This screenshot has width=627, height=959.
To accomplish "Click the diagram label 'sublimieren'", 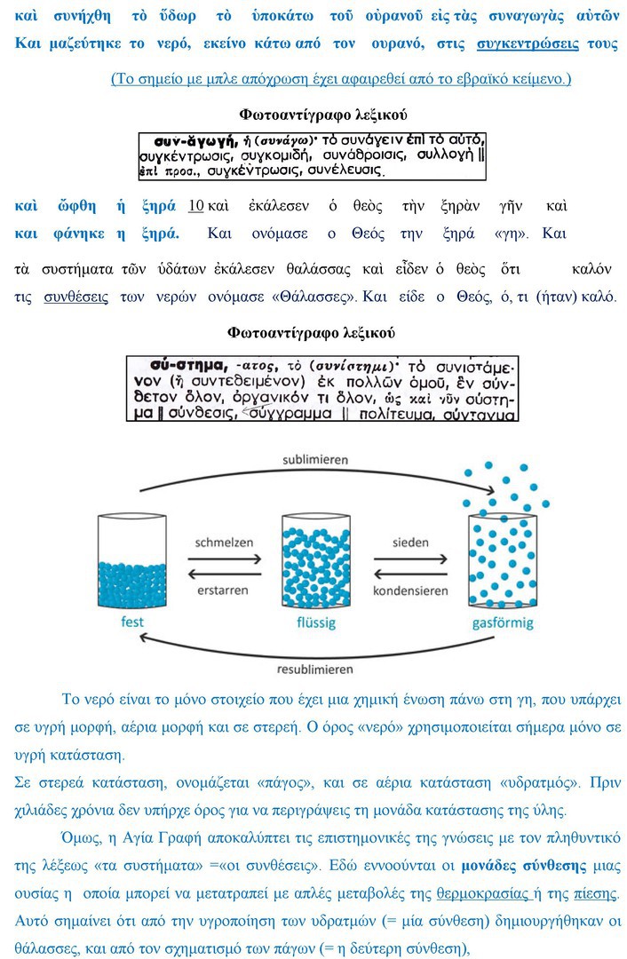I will coord(313,460).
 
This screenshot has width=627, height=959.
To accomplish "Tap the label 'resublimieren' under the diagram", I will coord(313,669).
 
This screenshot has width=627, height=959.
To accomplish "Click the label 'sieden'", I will coord(409,542).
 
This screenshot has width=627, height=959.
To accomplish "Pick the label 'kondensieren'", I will coord(409,591).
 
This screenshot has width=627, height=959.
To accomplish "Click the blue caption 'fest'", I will coord(131,622).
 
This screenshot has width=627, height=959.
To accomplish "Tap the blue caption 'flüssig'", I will coord(313,622).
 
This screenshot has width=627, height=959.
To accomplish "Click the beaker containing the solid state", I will coord(131,559).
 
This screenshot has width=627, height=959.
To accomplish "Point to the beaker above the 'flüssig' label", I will coord(313,559).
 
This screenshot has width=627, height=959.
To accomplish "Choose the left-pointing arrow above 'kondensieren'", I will coord(409,573).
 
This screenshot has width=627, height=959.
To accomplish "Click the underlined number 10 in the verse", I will coord(196,206).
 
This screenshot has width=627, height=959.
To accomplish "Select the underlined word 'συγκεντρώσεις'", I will coord(528,44).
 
